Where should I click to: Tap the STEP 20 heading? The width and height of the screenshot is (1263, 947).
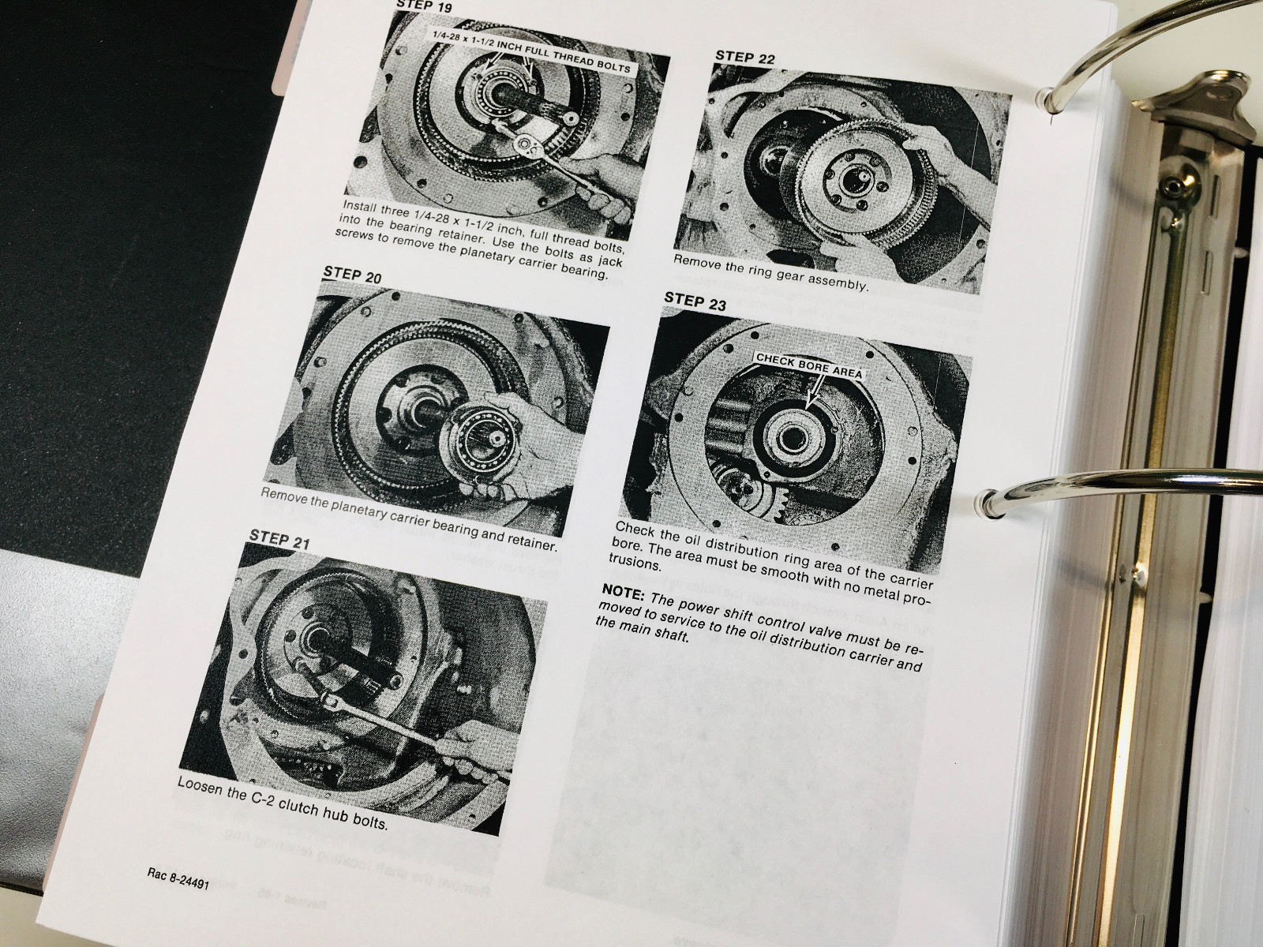click(x=352, y=275)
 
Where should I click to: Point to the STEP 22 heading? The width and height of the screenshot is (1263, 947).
click(x=745, y=57)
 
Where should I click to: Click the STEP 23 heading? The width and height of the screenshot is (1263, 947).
click(x=695, y=299)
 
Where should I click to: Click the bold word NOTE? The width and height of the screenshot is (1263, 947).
click(x=622, y=591)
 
